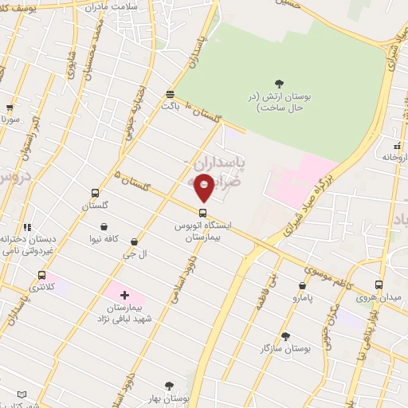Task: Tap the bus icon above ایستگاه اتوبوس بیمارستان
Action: click(x=202, y=213)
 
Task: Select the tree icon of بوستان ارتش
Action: click(x=278, y=83)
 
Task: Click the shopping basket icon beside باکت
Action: click(x=169, y=93)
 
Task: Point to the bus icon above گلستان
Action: click(x=95, y=194)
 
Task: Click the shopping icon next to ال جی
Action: click(x=133, y=241)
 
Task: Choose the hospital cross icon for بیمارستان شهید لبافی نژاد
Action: click(x=124, y=295)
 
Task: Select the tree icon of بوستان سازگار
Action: click(x=284, y=336)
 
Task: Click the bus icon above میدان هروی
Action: click(x=378, y=284)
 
